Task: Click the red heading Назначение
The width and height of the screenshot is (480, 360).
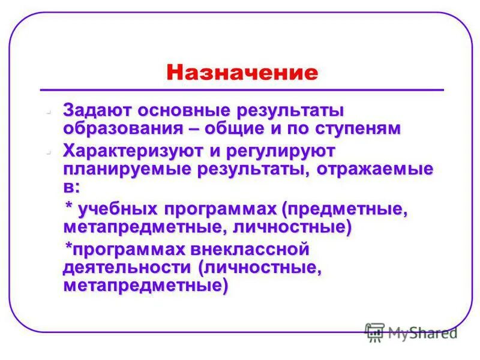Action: click(242, 73)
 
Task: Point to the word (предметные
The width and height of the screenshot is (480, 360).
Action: click(345, 209)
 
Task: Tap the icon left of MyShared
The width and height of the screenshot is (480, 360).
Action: click(375, 332)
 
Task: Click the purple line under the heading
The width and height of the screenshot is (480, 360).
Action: click(242, 90)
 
